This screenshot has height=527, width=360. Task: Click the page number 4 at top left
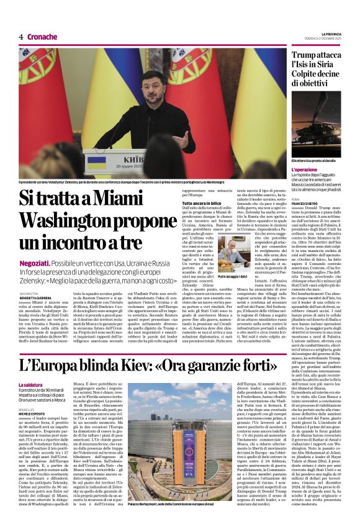[21, 37]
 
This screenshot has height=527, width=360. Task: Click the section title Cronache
[42, 37]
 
